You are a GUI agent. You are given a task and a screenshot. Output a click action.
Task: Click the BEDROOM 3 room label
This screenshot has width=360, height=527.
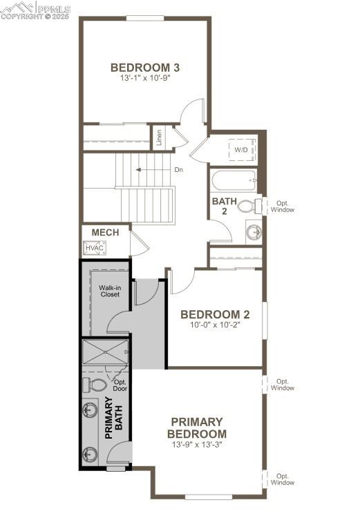[145, 67]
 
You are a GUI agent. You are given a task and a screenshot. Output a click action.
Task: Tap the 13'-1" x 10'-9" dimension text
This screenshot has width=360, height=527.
[145, 78]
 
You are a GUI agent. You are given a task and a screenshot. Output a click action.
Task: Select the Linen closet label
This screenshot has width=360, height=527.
[159, 137]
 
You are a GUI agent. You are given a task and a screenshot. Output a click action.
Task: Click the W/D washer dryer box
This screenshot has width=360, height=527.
[242, 149]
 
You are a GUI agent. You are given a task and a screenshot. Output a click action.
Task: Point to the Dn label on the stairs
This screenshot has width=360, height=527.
[178, 169]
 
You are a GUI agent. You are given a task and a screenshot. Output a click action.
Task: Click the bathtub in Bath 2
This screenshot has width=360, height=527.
[234, 181]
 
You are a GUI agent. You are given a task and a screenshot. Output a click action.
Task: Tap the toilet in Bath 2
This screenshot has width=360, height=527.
[247, 205]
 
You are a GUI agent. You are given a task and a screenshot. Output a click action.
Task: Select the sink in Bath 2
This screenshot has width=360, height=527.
[254, 231]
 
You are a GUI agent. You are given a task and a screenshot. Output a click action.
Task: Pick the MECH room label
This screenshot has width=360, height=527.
[105, 233]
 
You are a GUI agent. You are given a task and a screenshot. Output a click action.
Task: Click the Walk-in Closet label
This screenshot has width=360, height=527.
[108, 290]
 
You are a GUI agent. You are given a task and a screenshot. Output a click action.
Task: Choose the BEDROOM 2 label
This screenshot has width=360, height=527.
[215, 314]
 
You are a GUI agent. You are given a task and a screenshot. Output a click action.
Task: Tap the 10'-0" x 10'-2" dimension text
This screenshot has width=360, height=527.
[215, 325]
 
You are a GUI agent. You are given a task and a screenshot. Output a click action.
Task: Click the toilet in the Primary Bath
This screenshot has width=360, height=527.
[94, 383]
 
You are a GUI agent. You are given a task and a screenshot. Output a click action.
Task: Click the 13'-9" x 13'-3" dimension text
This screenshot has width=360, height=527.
[197, 445]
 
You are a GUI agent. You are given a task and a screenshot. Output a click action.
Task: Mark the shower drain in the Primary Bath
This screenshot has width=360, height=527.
[105, 352]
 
